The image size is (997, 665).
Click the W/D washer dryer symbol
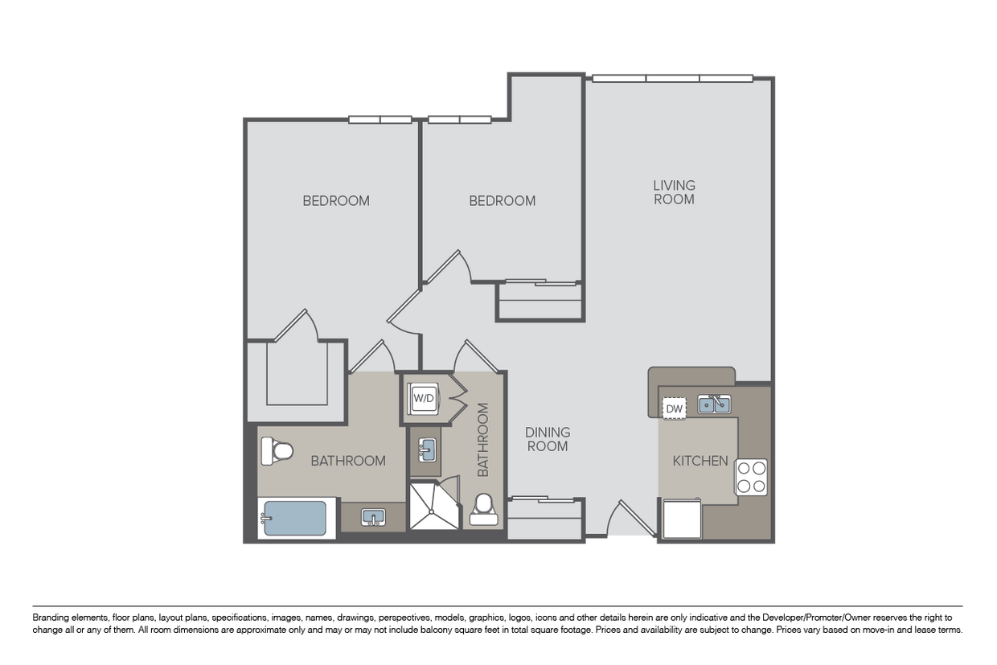[423, 398]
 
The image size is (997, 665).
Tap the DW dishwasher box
[675, 408]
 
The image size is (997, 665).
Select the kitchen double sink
[714, 404]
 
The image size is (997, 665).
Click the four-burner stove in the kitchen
[751, 477]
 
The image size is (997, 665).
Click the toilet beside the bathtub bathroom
[277, 451]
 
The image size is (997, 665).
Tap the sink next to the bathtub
[373, 518]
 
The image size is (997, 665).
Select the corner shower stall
[434, 506]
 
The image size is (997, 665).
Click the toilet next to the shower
[484, 509]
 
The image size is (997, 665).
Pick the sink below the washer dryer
[427, 450]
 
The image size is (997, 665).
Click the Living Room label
[674, 192]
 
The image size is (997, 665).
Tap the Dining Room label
[548, 439]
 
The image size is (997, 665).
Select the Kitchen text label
[700, 461]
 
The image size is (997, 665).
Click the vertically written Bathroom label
[483, 439]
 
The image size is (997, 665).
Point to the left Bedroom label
[336, 201]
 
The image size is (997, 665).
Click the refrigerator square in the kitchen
[683, 519]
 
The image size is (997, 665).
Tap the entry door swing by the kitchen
[631, 518]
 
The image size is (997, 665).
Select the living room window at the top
[672, 78]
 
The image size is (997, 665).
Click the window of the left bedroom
[380, 119]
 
